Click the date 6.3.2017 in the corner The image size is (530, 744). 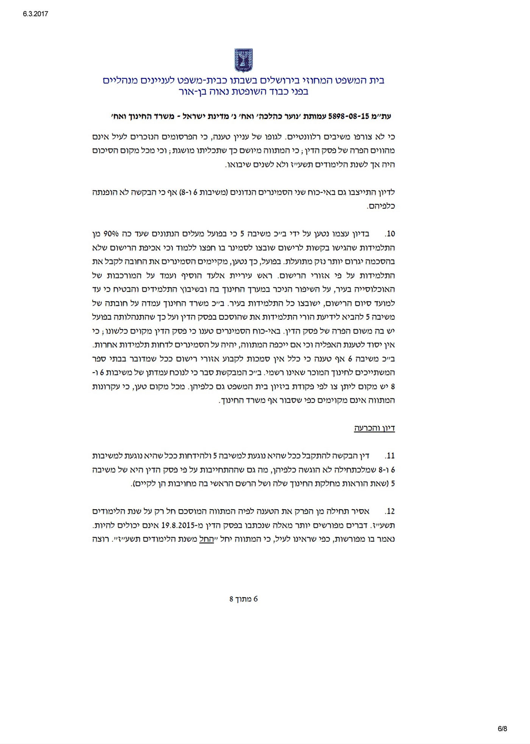[33, 14]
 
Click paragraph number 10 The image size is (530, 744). [390, 234]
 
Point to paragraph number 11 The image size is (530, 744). [390, 455]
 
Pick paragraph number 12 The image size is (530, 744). [390, 511]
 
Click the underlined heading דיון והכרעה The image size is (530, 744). [374, 428]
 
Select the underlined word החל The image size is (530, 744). [206, 539]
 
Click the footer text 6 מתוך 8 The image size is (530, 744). [243, 599]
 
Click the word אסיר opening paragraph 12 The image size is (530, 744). [361, 511]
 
